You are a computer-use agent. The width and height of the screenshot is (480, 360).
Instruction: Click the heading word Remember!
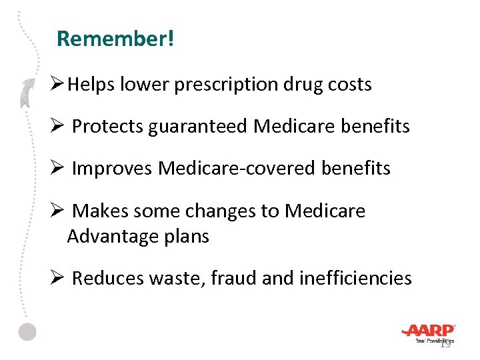[115, 39]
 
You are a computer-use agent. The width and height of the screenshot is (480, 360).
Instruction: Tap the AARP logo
[428, 331]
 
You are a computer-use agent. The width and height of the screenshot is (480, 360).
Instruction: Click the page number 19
[445, 344]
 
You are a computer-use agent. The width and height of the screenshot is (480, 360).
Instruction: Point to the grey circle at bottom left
[27, 331]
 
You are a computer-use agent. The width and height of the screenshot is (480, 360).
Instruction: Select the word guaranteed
[199, 126]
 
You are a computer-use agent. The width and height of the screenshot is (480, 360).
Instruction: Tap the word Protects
[107, 126]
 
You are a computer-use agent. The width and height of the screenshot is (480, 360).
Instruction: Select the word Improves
[112, 169]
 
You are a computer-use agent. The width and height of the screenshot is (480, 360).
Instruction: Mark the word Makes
[101, 211]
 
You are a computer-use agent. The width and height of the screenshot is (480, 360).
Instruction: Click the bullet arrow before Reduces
[57, 277]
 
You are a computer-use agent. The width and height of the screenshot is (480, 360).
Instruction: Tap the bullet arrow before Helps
[57, 84]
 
